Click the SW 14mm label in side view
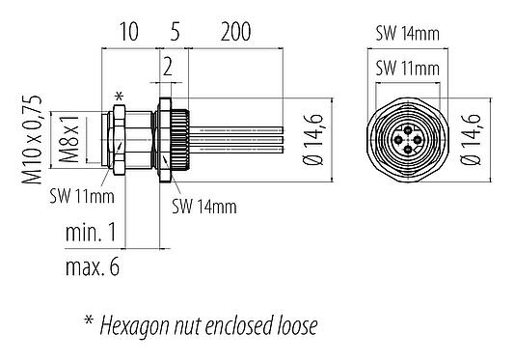click(205, 206)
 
